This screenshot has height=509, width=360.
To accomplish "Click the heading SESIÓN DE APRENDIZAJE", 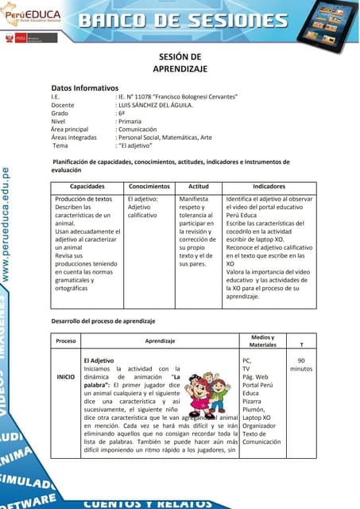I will pos(180,63).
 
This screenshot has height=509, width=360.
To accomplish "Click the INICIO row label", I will pos(65,375).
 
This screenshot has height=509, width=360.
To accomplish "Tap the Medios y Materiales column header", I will pos(262,341).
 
